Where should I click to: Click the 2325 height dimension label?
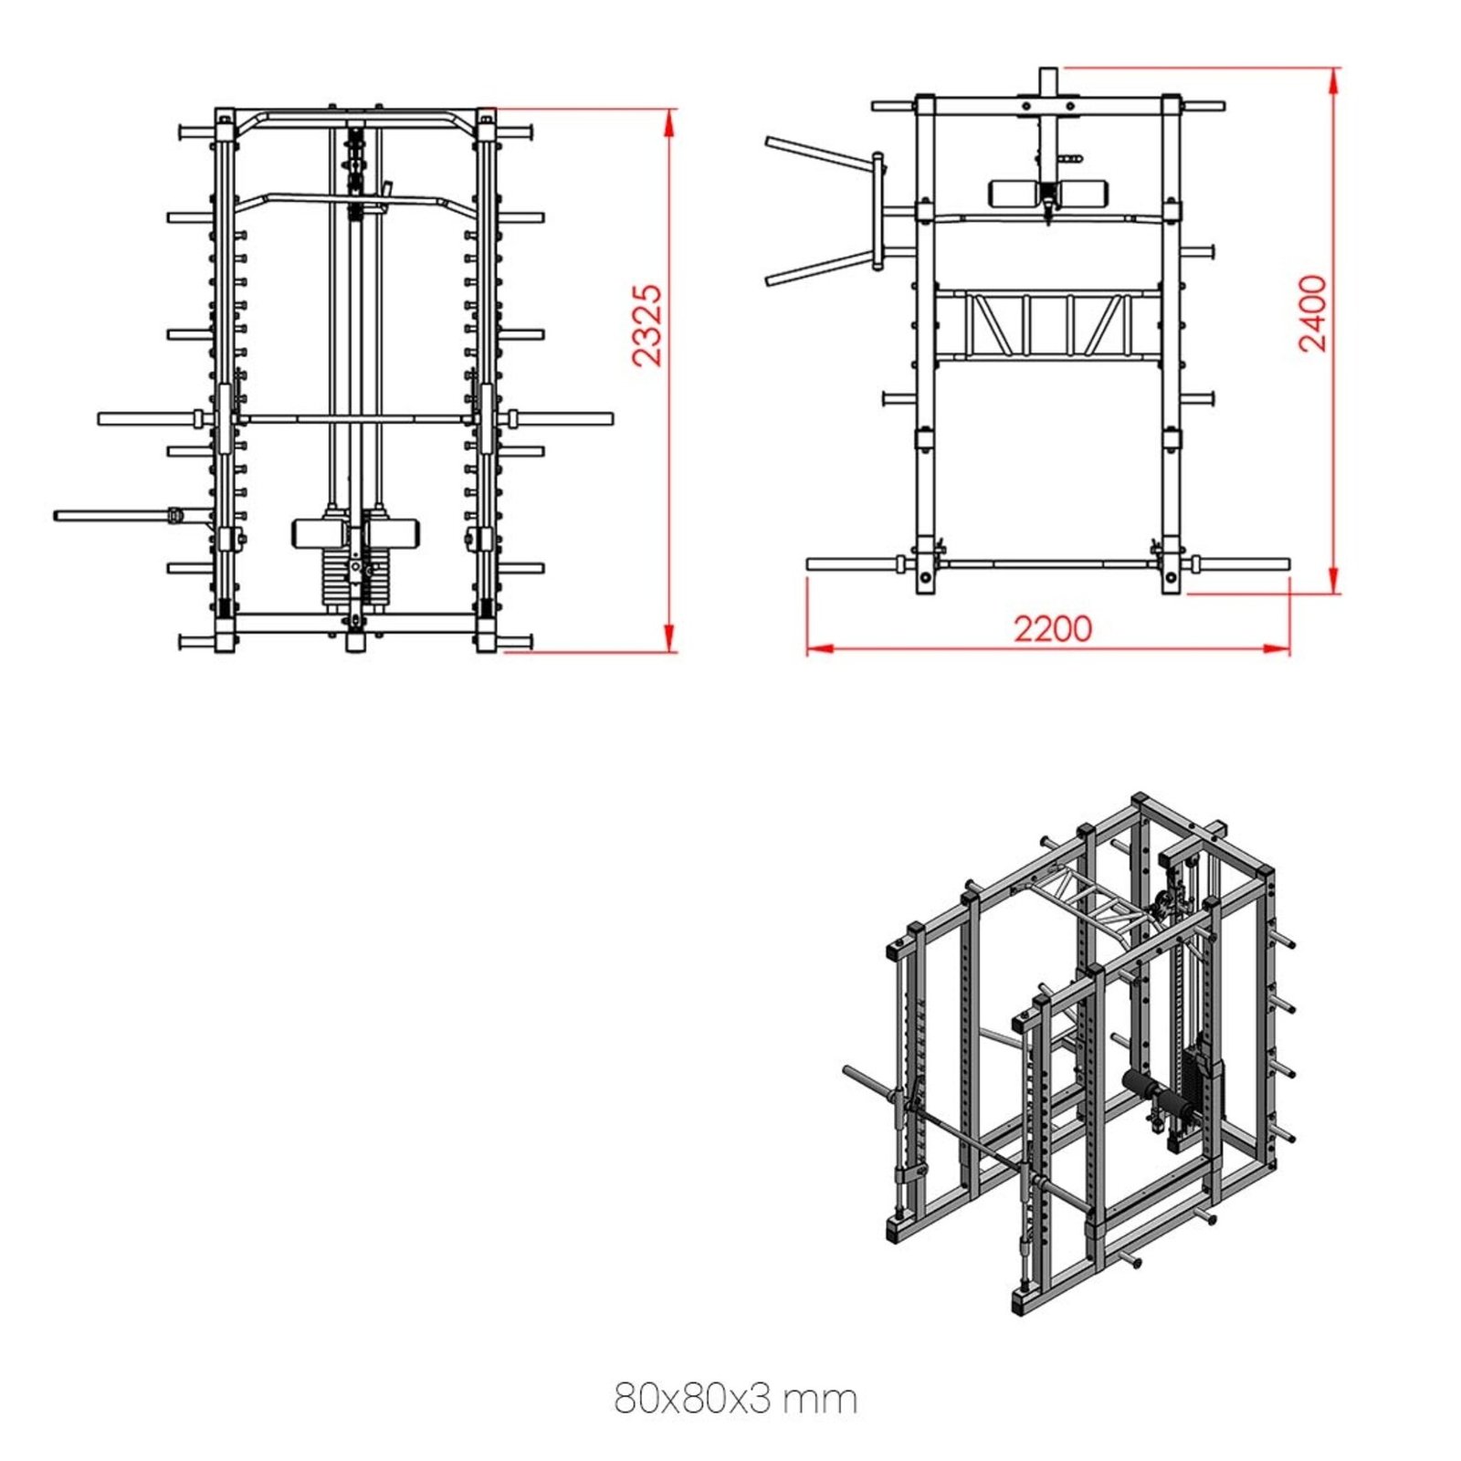647,325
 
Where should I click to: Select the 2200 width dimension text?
1052,629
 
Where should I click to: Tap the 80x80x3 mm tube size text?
735,1398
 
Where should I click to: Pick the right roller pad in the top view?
1083,193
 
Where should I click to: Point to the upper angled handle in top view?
818,152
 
